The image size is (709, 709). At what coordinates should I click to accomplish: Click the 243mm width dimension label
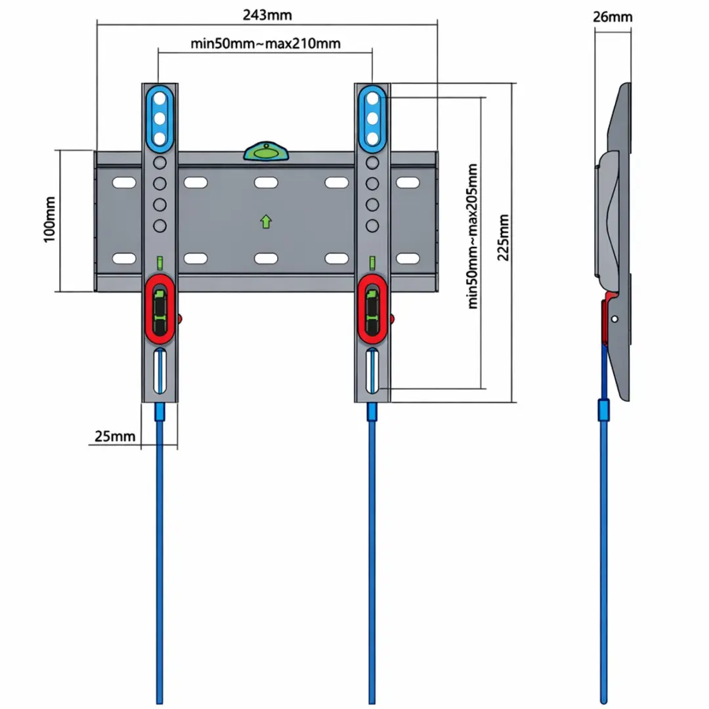pyautogui.click(x=267, y=15)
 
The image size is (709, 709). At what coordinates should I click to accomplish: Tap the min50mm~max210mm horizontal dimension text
pyautogui.click(x=265, y=43)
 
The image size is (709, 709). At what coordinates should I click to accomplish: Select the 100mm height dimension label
pyautogui.click(x=50, y=219)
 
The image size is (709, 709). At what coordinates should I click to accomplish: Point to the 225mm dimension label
pyautogui.click(x=504, y=238)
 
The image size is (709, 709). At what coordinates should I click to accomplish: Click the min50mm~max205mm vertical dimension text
pyautogui.click(x=472, y=236)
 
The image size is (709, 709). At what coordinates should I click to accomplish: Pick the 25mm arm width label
pyautogui.click(x=115, y=437)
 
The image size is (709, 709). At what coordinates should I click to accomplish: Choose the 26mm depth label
pyautogui.click(x=612, y=16)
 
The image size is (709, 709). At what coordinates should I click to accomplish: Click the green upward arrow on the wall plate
pyautogui.click(x=266, y=221)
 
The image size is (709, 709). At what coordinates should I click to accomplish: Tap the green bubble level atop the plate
pyautogui.click(x=267, y=152)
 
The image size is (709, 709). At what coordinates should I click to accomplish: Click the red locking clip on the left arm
pyautogui.click(x=160, y=309)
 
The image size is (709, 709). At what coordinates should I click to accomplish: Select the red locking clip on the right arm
pyautogui.click(x=372, y=309)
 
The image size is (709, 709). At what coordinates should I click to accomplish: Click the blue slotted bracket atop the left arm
pyautogui.click(x=160, y=119)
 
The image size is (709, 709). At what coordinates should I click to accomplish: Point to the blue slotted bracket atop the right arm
pyautogui.click(x=373, y=119)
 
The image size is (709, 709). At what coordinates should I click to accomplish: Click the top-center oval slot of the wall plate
pyautogui.click(x=266, y=183)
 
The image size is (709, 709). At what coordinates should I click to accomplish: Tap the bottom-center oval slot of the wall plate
pyautogui.click(x=266, y=258)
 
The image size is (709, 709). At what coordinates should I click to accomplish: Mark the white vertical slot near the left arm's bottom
pyautogui.click(x=160, y=371)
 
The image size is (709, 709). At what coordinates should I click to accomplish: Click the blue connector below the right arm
pyautogui.click(x=372, y=412)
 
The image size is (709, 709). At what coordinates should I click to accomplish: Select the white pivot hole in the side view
pyautogui.click(x=614, y=319)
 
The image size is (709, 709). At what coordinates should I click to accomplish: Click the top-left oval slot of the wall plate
pyautogui.click(x=124, y=183)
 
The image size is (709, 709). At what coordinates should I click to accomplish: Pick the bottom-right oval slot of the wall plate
pyautogui.click(x=408, y=258)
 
